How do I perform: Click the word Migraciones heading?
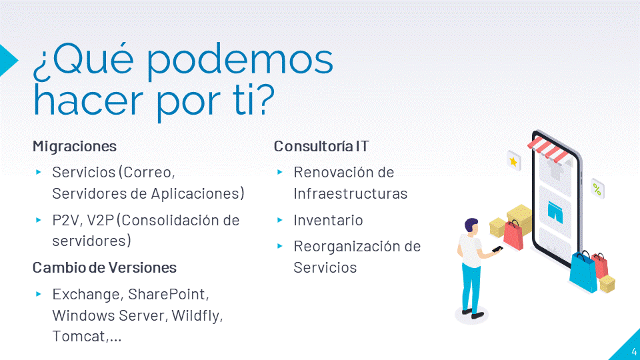click(75, 147)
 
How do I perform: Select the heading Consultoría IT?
click(321, 146)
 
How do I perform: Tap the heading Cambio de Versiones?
click(105, 268)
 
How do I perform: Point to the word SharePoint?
click(169, 294)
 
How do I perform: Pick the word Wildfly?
click(197, 316)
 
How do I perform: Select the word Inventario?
click(328, 221)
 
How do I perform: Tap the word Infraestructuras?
click(350, 193)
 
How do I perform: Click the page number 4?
click(634, 351)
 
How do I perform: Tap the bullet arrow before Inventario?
click(279, 220)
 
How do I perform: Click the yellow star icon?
click(513, 161)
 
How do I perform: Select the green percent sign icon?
click(597, 189)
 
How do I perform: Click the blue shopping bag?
click(583, 271)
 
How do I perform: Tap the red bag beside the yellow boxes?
click(513, 235)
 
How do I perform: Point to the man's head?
click(471, 227)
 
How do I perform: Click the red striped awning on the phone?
click(547, 148)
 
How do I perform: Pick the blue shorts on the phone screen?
click(555, 212)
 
